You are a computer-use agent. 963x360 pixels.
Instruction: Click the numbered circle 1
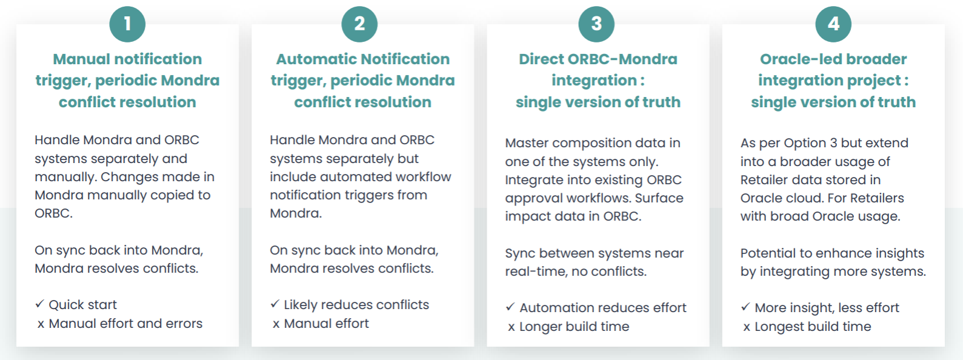(127, 24)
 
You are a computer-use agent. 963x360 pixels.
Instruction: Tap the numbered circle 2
(359, 24)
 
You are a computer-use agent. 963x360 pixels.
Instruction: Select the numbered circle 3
(596, 24)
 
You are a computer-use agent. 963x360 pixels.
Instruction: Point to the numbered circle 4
(833, 24)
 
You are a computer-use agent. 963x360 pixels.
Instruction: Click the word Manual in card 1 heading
(81, 59)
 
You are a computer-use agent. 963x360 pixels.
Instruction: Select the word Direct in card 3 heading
(541, 59)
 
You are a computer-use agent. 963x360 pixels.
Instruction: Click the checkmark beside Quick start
(39, 304)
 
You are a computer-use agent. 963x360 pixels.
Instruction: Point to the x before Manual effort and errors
(41, 324)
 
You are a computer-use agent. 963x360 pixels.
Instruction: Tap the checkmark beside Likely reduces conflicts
(275, 304)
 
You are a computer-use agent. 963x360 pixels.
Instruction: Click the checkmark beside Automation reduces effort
(510, 307)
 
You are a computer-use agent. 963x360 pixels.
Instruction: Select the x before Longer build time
(511, 327)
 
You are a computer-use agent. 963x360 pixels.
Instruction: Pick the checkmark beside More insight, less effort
(745, 307)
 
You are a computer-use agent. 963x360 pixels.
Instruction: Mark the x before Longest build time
(747, 327)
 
